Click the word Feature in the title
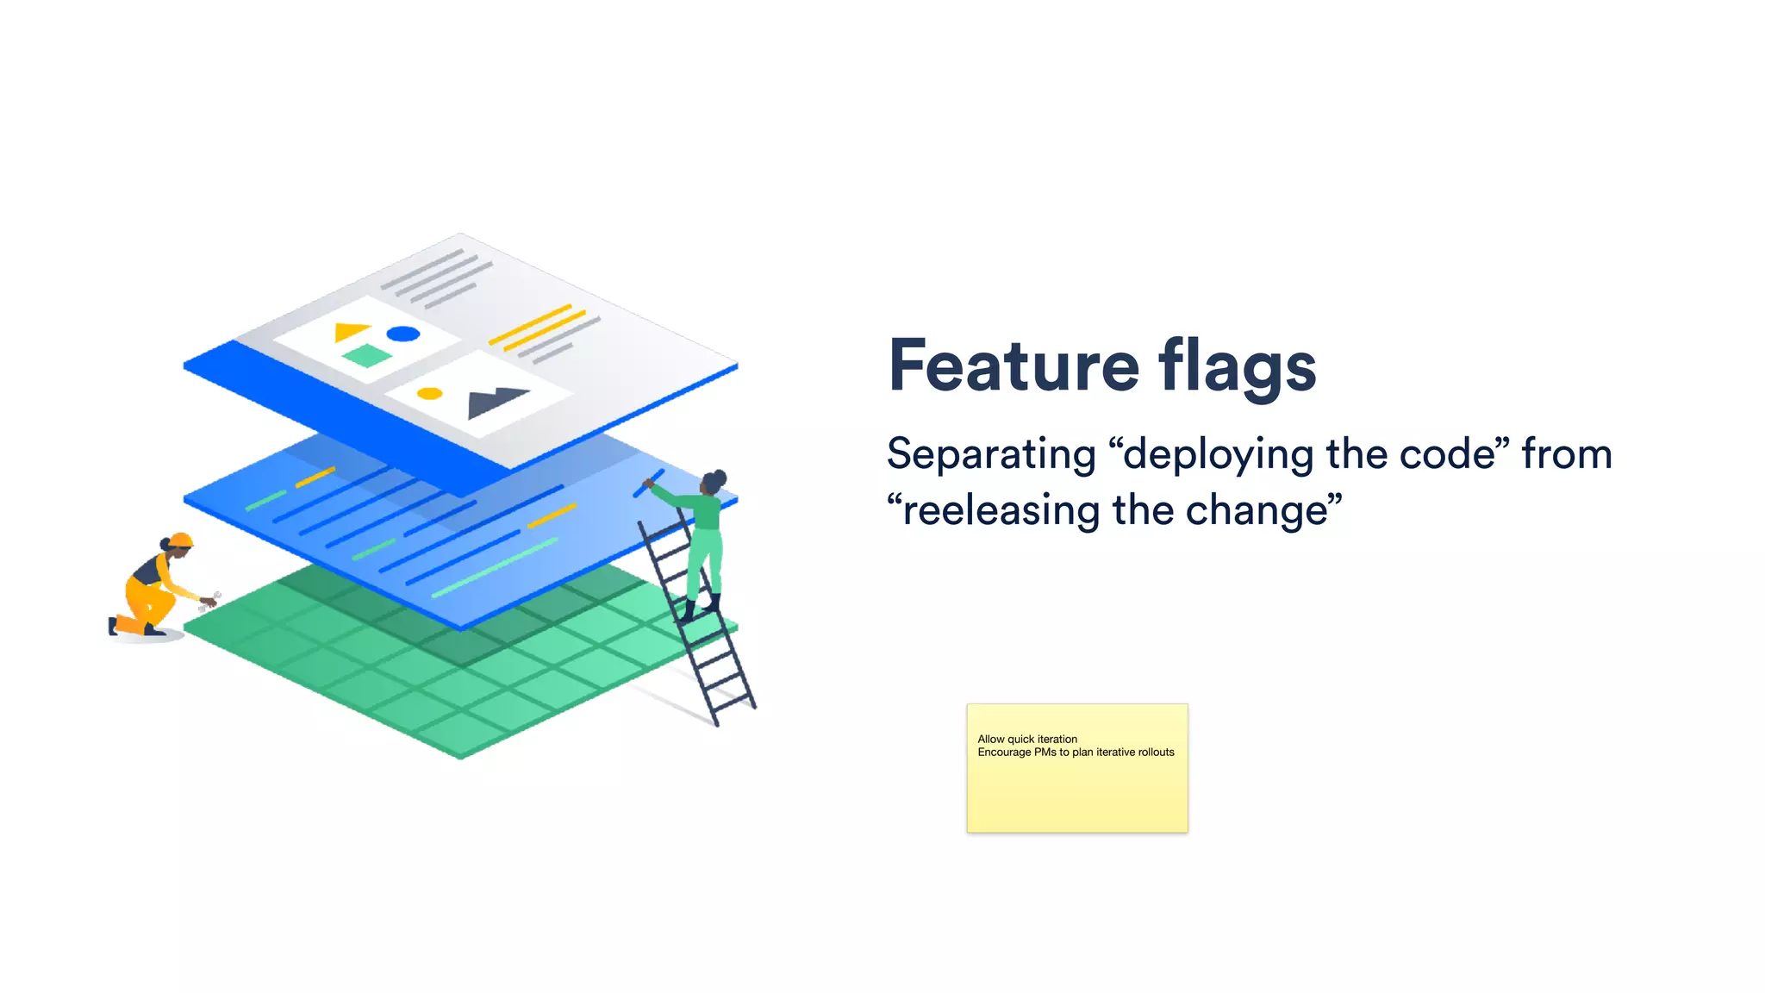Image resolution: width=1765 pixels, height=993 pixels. [x=1013, y=365]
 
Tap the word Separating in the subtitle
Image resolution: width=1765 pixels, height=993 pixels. [x=991, y=454]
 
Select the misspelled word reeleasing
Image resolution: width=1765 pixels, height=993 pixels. [x=1001, y=510]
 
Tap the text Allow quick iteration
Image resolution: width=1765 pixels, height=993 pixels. [x=1027, y=739]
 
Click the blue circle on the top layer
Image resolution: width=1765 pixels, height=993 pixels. [x=402, y=334]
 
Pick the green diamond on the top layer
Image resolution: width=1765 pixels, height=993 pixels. [x=367, y=355]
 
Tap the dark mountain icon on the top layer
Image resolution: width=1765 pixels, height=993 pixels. [x=495, y=401]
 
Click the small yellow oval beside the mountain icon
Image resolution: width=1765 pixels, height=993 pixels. [x=429, y=394]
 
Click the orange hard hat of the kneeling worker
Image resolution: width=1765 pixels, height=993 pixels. [x=181, y=540]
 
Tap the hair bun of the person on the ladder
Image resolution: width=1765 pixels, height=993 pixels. [x=720, y=476]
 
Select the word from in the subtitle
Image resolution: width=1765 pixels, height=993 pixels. [x=1566, y=454]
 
